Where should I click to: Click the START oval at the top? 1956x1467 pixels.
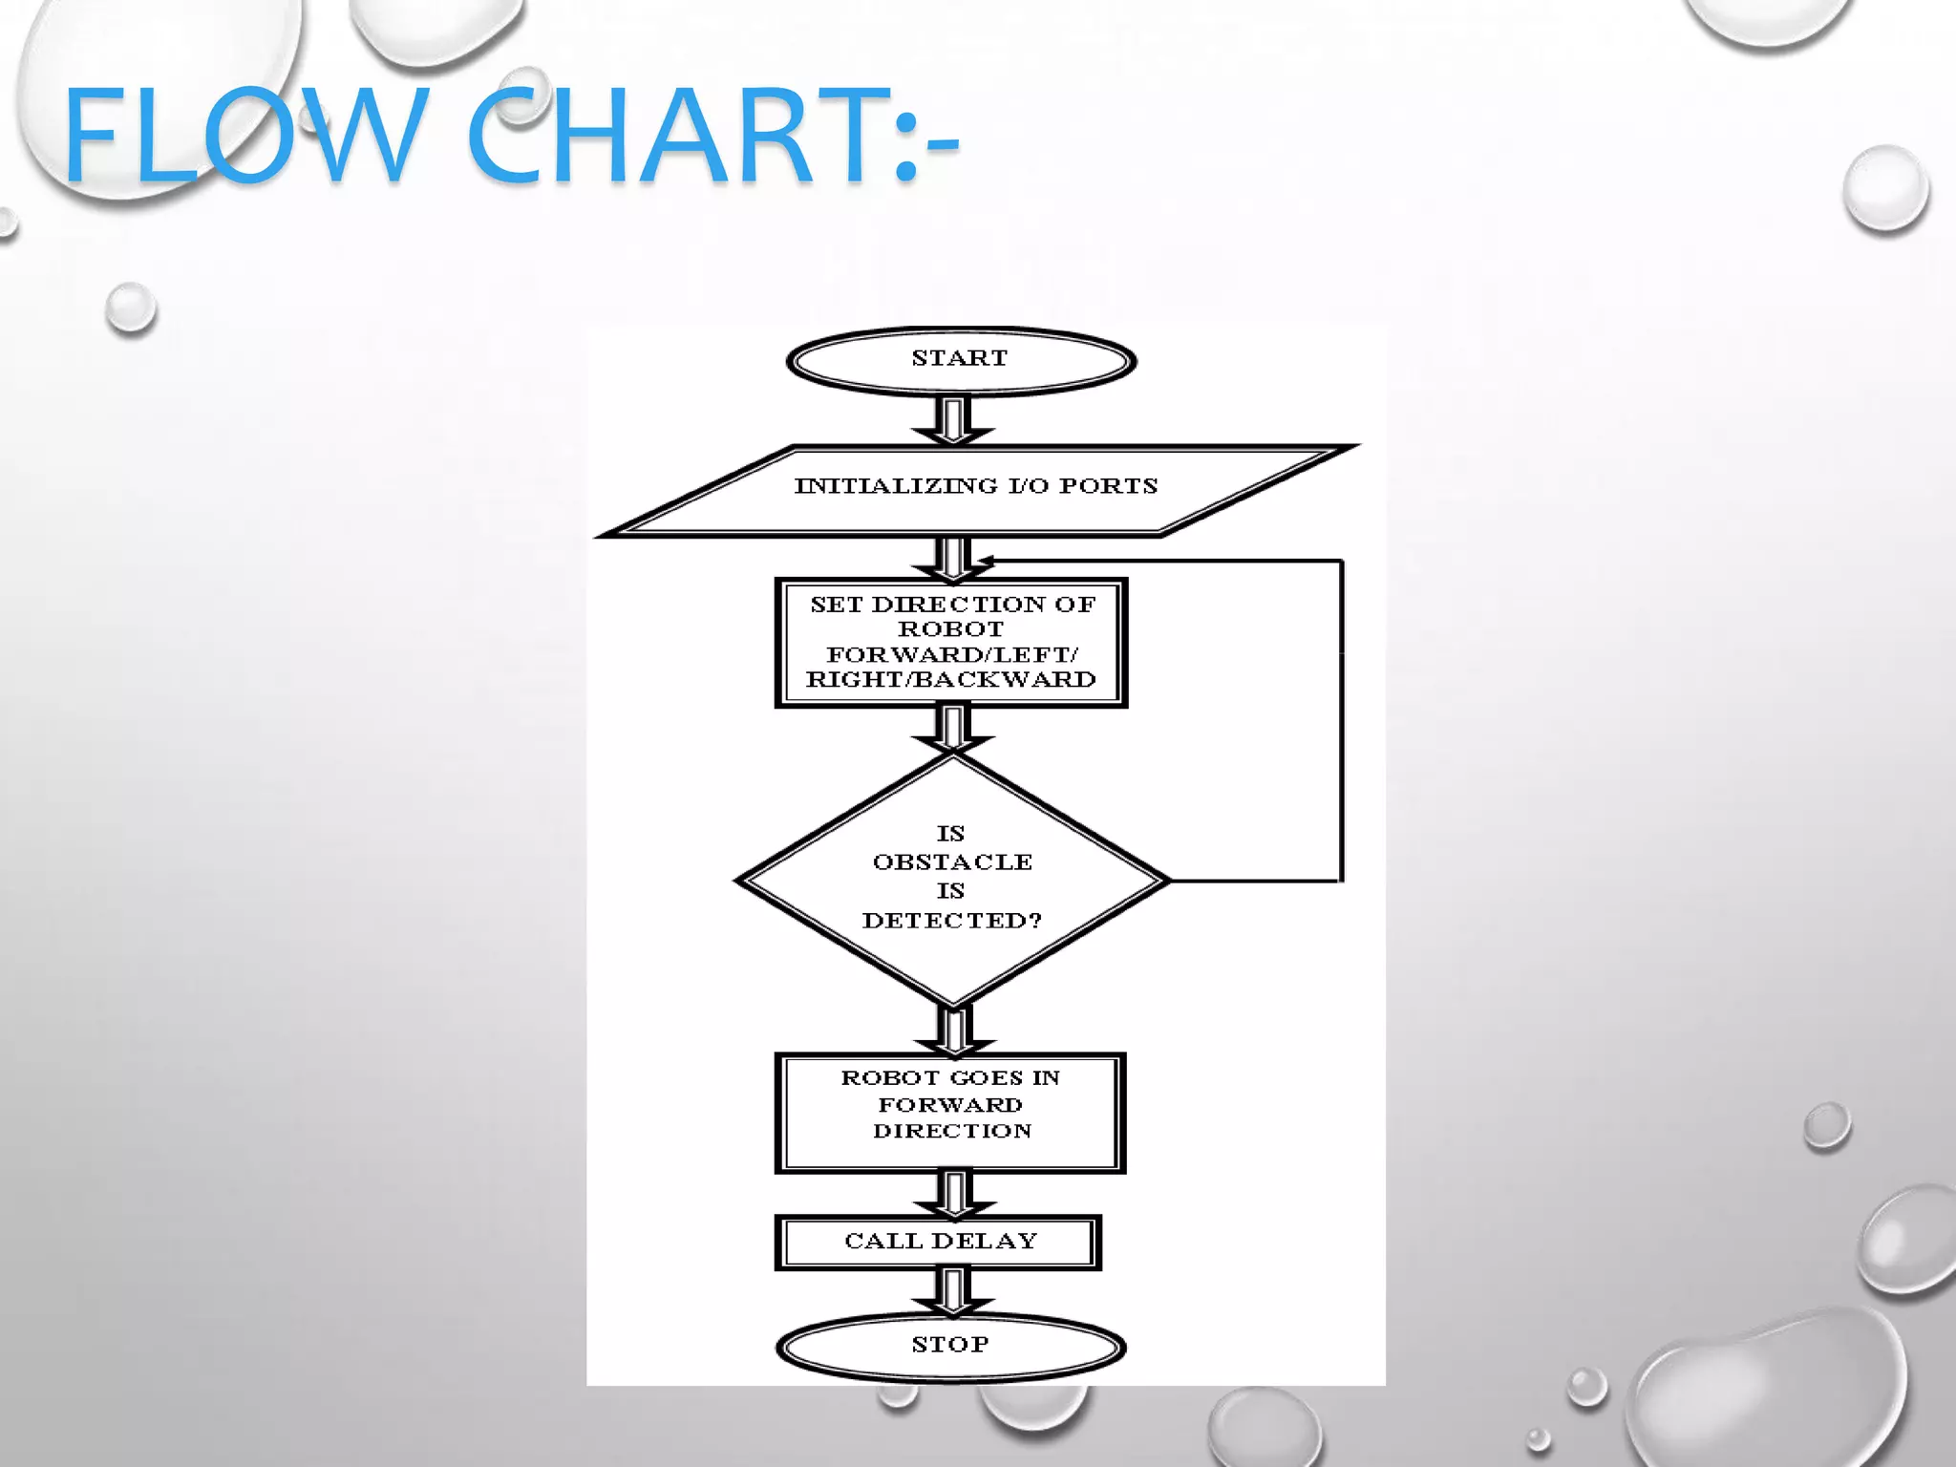[x=961, y=361]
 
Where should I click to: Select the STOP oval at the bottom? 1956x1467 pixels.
[x=951, y=1347]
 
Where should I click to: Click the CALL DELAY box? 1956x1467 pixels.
[x=940, y=1242]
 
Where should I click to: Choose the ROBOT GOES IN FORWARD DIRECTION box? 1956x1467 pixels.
[x=951, y=1112]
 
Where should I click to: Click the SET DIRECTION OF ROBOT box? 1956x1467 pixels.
[x=951, y=642]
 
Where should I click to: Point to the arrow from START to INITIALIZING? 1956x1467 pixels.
[x=953, y=420]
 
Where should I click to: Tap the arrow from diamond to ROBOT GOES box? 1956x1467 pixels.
[x=953, y=1030]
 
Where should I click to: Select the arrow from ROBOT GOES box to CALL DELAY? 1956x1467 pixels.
[x=953, y=1194]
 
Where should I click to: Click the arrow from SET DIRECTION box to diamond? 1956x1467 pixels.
[x=953, y=730]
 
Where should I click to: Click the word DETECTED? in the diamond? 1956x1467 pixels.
[x=951, y=921]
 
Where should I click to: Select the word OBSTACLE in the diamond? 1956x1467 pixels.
[x=952, y=862]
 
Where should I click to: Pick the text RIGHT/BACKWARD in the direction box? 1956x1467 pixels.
[x=951, y=680]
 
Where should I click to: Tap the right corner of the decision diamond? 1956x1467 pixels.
[x=1165, y=880]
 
